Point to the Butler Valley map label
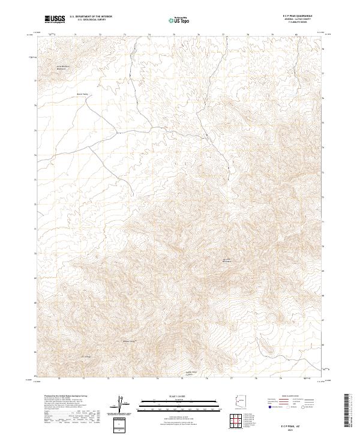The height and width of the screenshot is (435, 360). click(x=82, y=94)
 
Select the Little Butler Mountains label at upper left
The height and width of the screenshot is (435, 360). click(x=64, y=67)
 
